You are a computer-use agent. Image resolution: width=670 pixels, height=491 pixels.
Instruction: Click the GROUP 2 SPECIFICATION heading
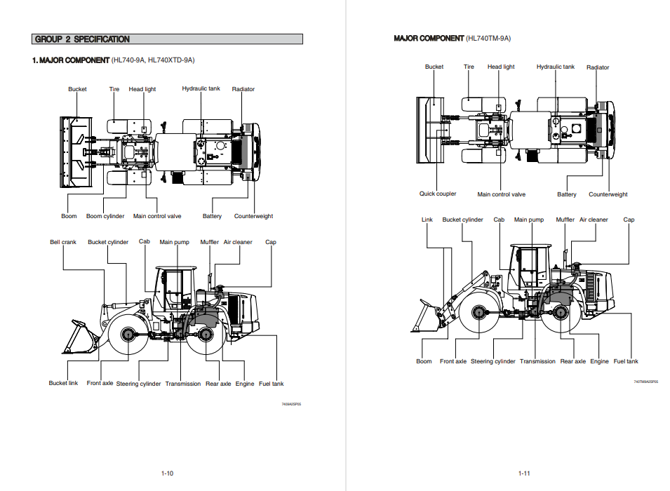[82, 39]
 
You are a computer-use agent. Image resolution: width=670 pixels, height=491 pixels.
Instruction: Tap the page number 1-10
[167, 473]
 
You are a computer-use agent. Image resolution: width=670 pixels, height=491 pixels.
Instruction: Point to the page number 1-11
[524, 473]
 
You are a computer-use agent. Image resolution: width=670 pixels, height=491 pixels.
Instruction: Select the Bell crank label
[63, 243]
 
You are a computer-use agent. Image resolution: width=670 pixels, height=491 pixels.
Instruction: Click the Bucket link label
[63, 384]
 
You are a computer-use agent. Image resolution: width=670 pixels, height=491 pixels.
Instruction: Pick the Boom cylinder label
[105, 216]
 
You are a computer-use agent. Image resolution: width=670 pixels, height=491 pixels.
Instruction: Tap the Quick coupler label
[438, 194]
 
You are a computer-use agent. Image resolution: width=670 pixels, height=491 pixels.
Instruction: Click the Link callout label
[427, 220]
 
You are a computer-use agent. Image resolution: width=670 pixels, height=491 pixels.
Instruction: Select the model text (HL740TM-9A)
[488, 39]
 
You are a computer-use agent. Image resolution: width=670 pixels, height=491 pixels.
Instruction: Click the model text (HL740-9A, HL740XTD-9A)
[153, 60]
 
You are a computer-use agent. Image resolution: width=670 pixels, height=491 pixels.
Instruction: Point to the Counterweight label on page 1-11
[608, 194]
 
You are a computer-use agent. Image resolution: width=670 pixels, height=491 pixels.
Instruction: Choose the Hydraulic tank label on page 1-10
[201, 89]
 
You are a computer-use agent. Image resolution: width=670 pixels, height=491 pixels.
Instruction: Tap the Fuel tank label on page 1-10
[272, 384]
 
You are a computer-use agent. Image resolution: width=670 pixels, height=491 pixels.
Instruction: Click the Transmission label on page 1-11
[537, 361]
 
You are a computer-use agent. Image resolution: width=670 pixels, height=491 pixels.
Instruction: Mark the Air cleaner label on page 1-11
[594, 220]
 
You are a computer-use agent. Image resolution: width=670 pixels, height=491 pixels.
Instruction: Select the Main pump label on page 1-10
[175, 243]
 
